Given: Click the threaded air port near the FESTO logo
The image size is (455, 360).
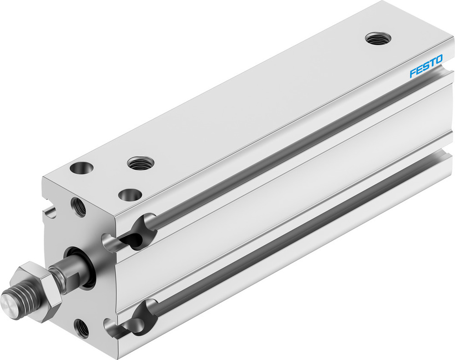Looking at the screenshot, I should [380, 38].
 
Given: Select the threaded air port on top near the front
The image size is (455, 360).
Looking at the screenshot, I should [141, 162].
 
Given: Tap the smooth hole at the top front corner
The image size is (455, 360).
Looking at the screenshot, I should [82, 168].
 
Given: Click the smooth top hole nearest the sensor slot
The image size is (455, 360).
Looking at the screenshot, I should [130, 195].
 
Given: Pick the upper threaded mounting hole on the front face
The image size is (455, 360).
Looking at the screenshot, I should [78, 207].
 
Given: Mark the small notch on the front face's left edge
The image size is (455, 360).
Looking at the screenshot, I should [51, 212].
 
